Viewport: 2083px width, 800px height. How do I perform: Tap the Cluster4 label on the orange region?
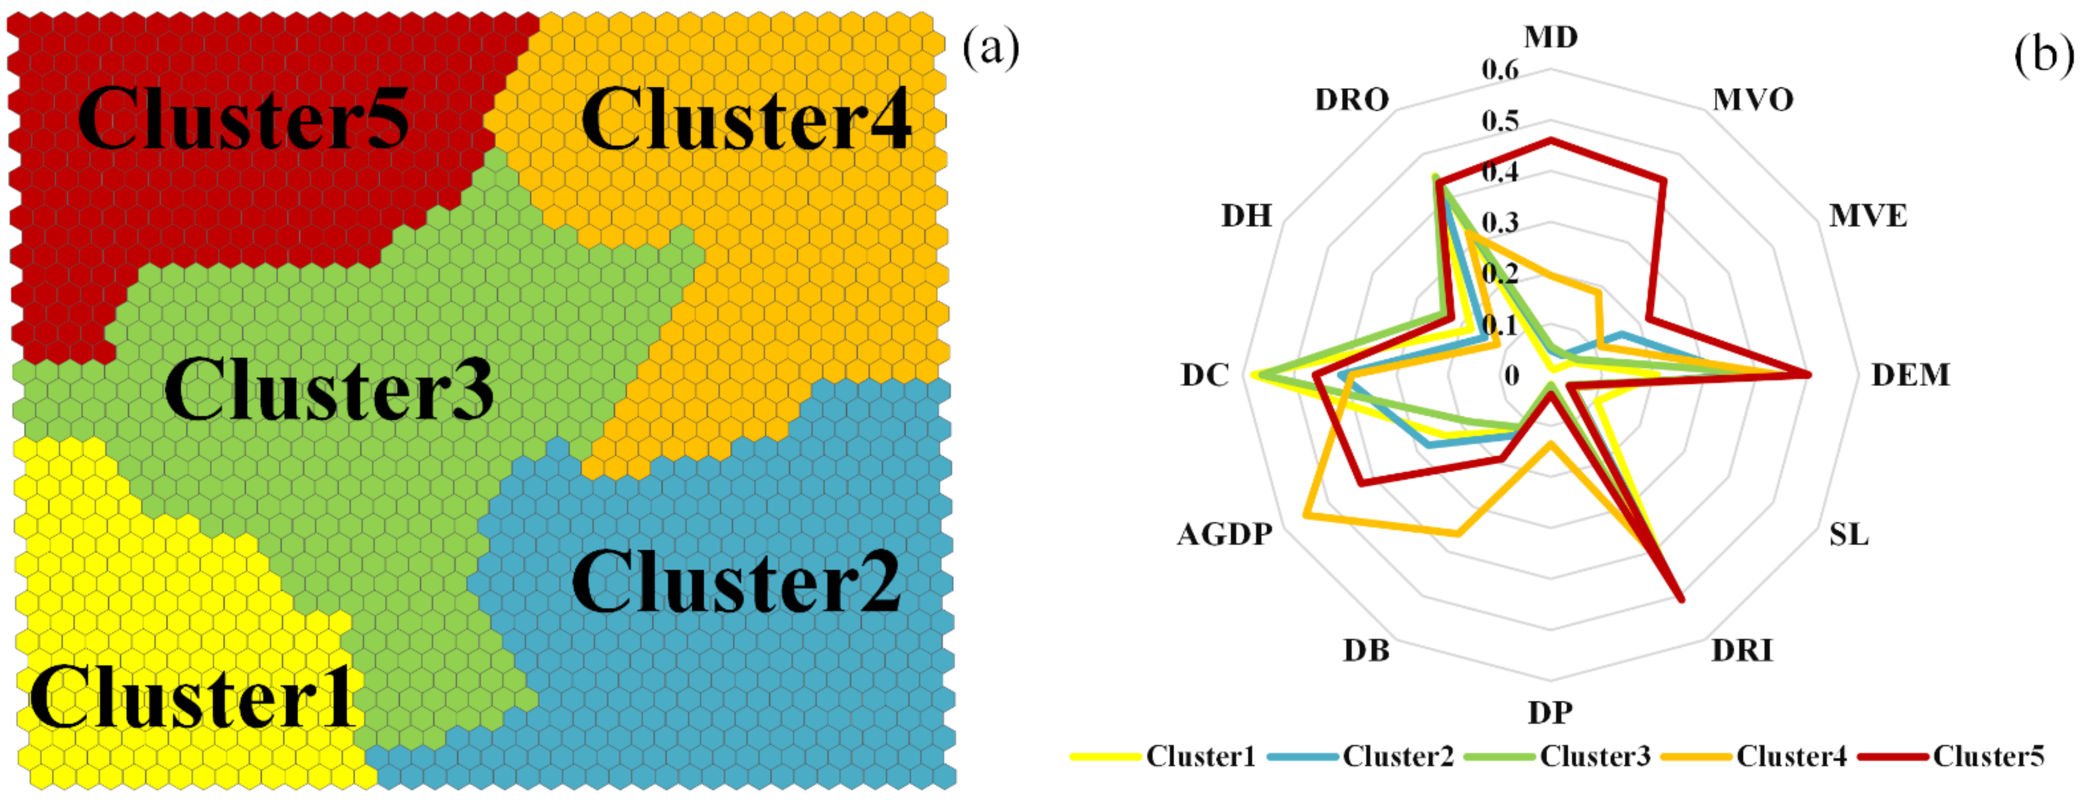point(746,120)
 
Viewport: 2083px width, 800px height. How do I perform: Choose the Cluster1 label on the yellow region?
point(192,697)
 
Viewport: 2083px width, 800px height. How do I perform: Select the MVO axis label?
point(1752,99)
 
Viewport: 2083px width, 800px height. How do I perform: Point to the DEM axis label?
point(1910,375)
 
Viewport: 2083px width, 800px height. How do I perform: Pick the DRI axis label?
point(1742,650)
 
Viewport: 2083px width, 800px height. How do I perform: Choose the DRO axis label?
point(1351,99)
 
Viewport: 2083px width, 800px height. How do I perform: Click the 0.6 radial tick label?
point(1500,71)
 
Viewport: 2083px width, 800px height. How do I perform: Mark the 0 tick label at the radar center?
point(1511,375)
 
